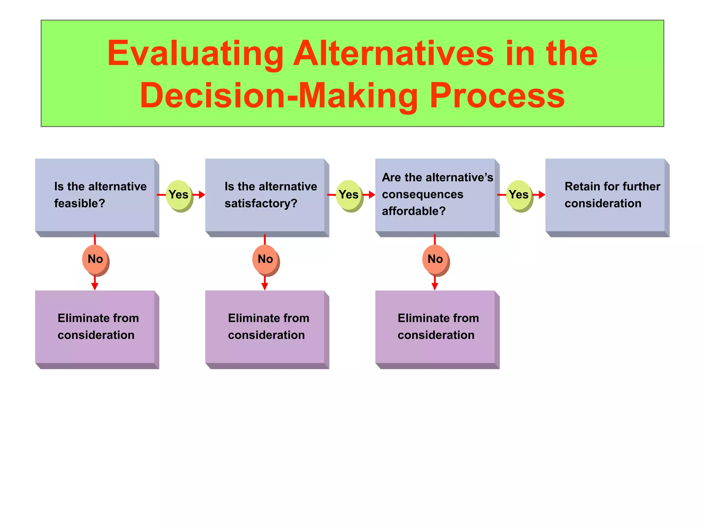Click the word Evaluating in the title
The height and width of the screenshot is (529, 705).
pyautogui.click(x=195, y=53)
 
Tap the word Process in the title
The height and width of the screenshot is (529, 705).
pyautogui.click(x=497, y=96)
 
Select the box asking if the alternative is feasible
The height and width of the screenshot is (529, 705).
pyautogui.click(x=95, y=195)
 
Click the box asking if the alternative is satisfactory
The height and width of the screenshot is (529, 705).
pyautogui.click(x=265, y=195)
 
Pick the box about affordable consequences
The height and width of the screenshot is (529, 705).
pyautogui.click(x=435, y=195)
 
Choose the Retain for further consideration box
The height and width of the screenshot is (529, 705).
pyautogui.click(x=605, y=195)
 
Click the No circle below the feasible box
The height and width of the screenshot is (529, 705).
pyautogui.click(x=95, y=259)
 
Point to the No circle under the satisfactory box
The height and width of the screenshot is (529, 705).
pyautogui.click(x=265, y=259)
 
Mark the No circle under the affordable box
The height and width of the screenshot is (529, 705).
pyautogui.click(x=435, y=259)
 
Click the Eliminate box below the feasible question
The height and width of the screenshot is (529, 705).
pyautogui.click(x=95, y=327)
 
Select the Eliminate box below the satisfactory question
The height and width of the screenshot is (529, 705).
pyautogui.click(x=265, y=327)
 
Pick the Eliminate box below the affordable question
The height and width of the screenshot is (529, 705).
pyautogui.click(x=435, y=327)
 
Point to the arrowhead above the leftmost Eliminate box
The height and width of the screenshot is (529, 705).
pyautogui.click(x=95, y=286)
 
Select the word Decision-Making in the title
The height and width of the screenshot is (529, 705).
pyautogui.click(x=279, y=96)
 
